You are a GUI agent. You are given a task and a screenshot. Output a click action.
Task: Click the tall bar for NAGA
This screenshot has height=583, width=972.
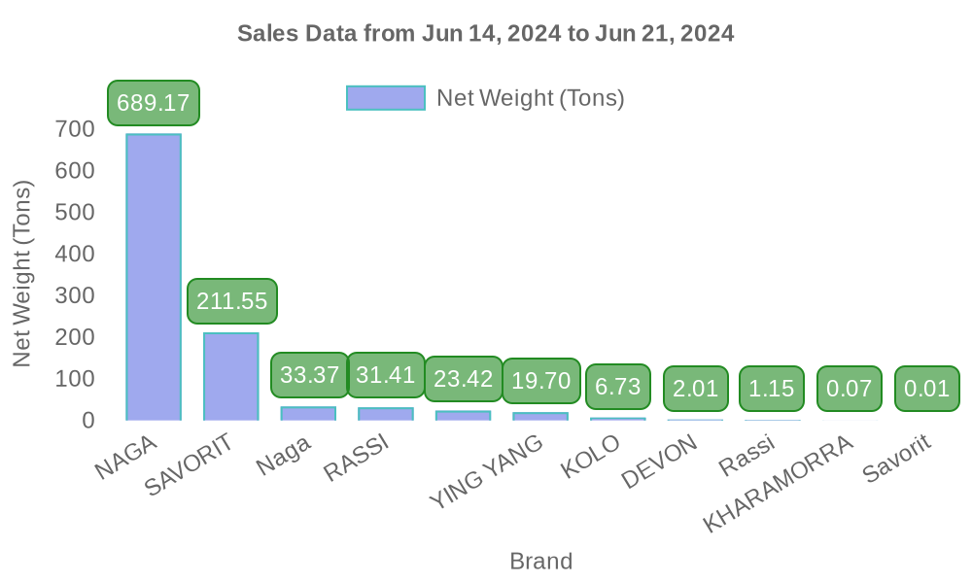pos(154,277)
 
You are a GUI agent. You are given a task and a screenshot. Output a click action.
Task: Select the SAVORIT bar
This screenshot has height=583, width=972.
pos(231,376)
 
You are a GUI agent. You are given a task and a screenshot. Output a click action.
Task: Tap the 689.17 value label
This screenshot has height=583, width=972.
pos(154,103)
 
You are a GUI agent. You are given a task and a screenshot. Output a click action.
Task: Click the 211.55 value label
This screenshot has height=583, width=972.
pos(231,301)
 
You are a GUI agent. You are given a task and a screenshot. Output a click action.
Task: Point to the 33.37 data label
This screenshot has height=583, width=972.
pos(309,375)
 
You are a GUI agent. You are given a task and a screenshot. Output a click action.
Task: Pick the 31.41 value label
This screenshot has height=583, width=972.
pos(386,375)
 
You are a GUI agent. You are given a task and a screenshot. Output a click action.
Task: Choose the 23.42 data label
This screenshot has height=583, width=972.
pos(463,379)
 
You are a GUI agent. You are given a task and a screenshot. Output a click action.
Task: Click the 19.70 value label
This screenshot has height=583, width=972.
pos(540,380)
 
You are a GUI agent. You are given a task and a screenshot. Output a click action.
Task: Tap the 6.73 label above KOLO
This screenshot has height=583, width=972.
pos(617,387)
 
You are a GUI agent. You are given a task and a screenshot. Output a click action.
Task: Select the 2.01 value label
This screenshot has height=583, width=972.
pos(695,389)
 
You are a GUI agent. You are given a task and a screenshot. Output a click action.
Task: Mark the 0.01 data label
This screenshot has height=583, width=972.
pos(926,389)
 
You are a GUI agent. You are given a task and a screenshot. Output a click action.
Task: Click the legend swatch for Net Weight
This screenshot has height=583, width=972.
pos(386,98)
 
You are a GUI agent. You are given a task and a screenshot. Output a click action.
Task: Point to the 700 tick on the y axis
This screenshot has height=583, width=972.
pos(75,129)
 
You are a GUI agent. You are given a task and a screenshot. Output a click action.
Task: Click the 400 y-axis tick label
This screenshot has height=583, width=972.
pos(75,255)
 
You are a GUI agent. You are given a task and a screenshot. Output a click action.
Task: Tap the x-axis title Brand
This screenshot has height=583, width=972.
pos(540,562)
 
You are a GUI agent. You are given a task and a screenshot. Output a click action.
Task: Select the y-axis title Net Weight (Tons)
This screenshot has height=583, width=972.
pos(22,274)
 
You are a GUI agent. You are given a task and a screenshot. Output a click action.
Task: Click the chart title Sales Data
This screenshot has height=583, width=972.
pos(486,34)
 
